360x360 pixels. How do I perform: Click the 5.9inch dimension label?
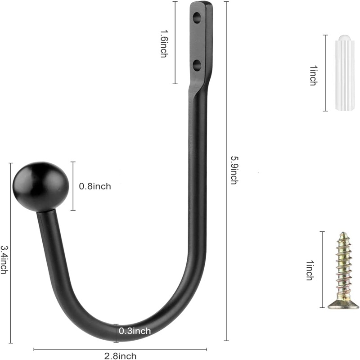point(234,170)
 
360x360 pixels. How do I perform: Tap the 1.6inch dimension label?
point(163,43)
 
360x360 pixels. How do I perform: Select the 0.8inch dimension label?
point(95,186)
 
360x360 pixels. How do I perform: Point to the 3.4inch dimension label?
point(4,260)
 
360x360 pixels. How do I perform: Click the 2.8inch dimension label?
point(120,356)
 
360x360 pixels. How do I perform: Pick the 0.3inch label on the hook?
point(135,331)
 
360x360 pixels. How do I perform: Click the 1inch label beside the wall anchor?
point(313,76)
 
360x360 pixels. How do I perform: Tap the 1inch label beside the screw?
point(310,270)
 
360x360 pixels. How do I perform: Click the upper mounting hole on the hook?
point(197,18)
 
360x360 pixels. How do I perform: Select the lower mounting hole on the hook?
point(197,65)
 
